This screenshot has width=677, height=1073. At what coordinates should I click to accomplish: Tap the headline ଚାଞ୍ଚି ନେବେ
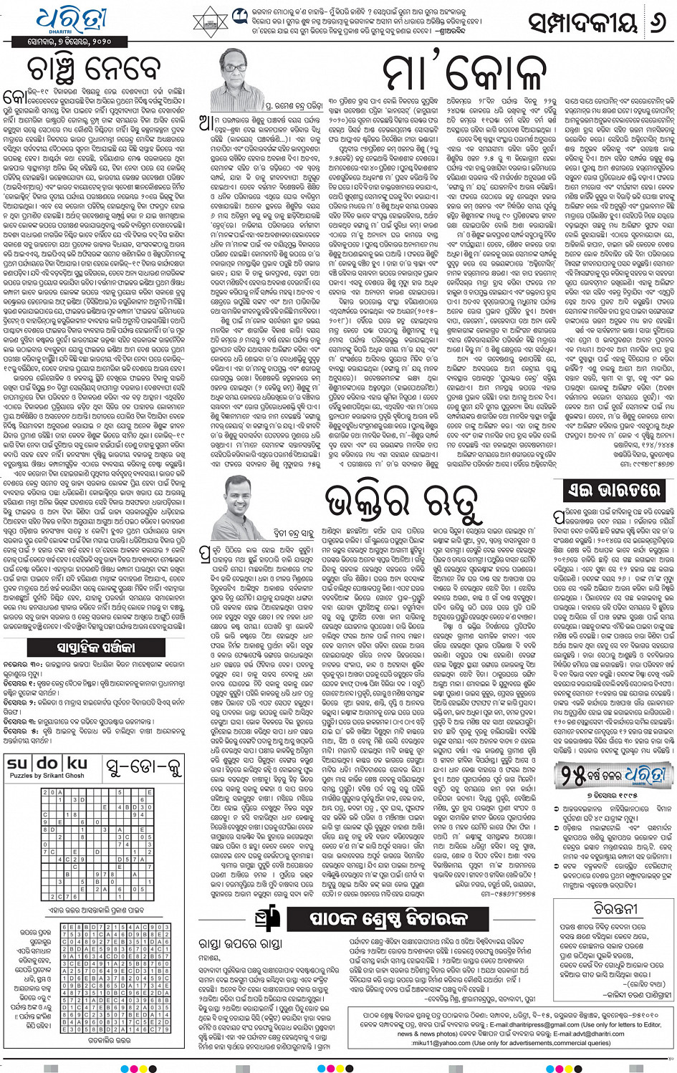click(93, 69)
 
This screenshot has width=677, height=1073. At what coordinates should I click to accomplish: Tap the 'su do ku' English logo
click(47, 765)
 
